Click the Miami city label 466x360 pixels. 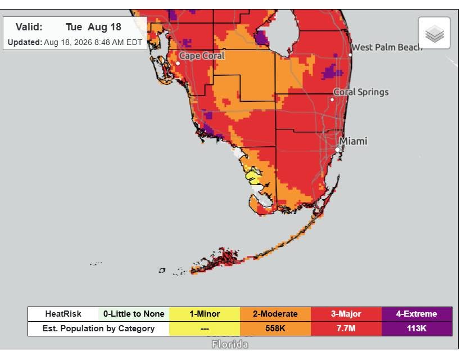point(353,141)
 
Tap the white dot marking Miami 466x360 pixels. point(337,150)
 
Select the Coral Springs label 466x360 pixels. point(361,92)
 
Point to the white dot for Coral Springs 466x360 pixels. point(332,100)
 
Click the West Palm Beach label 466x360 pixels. point(387,47)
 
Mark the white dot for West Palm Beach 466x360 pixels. point(350,55)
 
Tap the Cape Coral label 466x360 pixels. point(202,56)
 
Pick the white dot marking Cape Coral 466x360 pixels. point(178,64)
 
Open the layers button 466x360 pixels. point(434,33)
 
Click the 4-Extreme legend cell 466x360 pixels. point(417,314)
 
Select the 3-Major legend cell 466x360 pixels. point(346,314)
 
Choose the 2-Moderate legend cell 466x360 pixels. point(275,314)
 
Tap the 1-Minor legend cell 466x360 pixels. point(205,314)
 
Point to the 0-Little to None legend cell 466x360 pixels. point(134,314)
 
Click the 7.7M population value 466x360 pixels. point(346,328)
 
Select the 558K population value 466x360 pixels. point(275,328)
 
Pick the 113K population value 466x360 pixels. point(417,328)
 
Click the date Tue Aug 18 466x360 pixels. point(93,27)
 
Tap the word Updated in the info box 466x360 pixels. point(25,43)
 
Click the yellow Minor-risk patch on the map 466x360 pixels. point(253,176)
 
